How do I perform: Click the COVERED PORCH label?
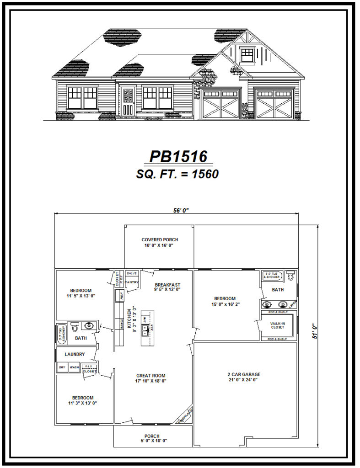[x=160, y=239]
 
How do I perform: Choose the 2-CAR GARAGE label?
[x=244, y=374]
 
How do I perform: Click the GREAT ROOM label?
[x=150, y=375]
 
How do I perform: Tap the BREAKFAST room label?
[x=167, y=285]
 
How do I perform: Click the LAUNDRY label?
[x=75, y=354]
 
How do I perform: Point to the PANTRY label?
[x=132, y=282]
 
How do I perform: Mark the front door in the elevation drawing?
[x=128, y=102]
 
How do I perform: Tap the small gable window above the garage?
[x=247, y=54]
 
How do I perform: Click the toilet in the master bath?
[x=290, y=276]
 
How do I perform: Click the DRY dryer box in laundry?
[x=62, y=367]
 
